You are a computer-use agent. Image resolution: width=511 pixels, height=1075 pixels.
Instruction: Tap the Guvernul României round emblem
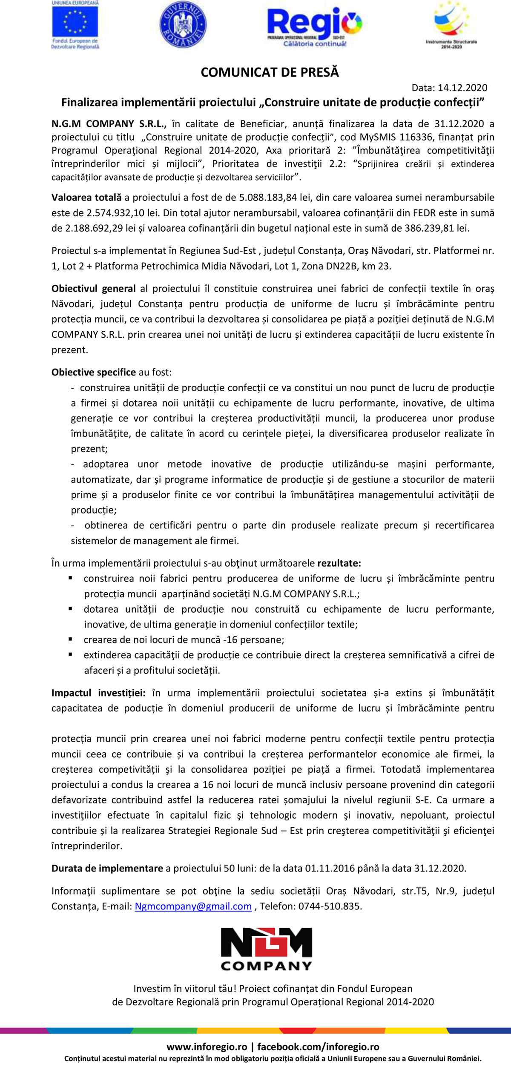(x=183, y=24)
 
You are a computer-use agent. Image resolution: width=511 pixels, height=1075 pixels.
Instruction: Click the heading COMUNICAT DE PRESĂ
(x=270, y=72)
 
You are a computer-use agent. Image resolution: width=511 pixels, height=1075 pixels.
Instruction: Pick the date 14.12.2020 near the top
(x=462, y=88)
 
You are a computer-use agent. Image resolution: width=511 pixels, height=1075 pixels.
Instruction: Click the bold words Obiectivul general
(x=94, y=289)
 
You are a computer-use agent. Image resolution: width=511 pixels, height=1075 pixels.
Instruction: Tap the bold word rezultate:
(x=339, y=563)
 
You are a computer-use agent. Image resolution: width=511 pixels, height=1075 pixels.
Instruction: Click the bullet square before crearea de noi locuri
(x=70, y=639)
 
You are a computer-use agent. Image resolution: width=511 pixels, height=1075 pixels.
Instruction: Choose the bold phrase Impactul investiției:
(x=98, y=693)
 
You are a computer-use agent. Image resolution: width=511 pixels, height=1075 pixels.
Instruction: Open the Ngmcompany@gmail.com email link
(x=193, y=906)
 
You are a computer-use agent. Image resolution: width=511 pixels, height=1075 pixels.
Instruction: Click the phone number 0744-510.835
(x=330, y=906)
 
